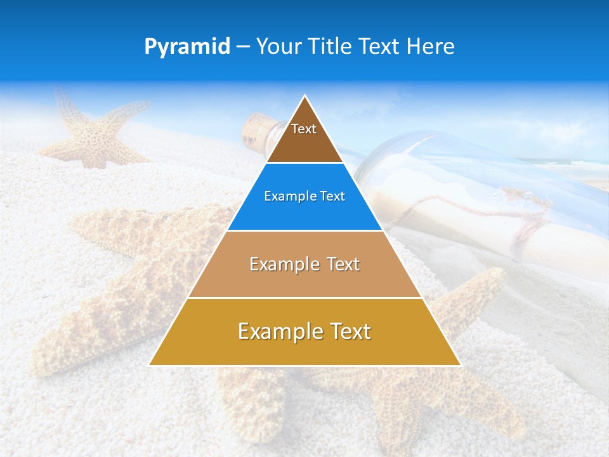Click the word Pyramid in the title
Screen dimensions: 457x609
(x=187, y=46)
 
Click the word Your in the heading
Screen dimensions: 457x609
(x=279, y=46)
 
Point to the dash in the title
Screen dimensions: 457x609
(x=243, y=47)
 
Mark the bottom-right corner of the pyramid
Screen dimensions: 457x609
(x=459, y=364)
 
